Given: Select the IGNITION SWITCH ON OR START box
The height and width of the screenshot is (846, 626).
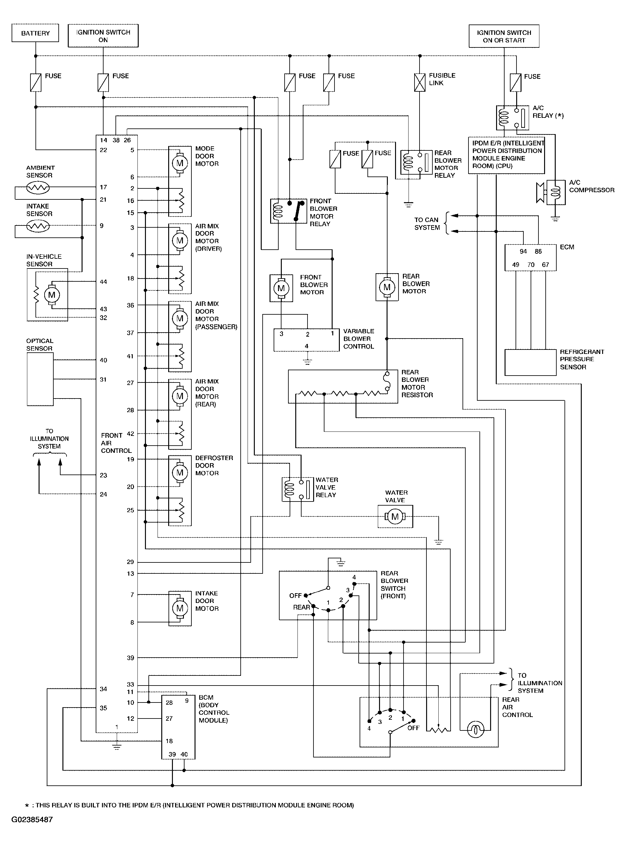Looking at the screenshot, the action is [504, 36].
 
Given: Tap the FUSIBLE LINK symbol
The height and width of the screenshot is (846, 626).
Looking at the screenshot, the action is [420, 82].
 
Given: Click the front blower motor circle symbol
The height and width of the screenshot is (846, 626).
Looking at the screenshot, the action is [281, 288].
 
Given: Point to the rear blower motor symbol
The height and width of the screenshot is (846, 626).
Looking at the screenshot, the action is [387, 287].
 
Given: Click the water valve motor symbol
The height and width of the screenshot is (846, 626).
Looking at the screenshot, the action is [395, 517].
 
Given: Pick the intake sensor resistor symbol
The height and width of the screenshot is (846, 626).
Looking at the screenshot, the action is [38, 226].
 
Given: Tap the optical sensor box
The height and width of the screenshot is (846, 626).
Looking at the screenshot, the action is [40, 379].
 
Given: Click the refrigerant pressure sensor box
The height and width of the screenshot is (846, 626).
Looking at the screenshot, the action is [531, 362].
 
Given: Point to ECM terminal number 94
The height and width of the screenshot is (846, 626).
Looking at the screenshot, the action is [523, 252].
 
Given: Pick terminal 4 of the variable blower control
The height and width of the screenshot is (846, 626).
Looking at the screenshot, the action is [307, 346].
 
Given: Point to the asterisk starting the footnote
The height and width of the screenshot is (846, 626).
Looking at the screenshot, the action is [27, 805].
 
